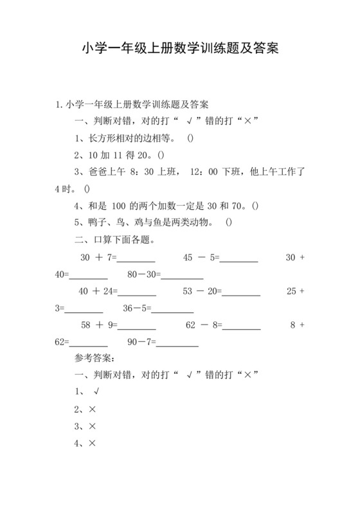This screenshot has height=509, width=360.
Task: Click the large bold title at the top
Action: [x=180, y=49]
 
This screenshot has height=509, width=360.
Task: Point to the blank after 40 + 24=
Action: [x=137, y=292]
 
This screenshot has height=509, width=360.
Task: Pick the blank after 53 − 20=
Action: [x=241, y=292]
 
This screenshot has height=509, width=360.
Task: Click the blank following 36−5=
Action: [x=174, y=309]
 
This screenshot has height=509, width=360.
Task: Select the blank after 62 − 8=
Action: [x=242, y=326]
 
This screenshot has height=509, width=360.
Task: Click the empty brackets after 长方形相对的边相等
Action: [x=191, y=139]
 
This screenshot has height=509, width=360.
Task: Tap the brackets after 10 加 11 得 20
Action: [x=161, y=156]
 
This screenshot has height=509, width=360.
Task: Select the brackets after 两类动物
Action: [x=230, y=223]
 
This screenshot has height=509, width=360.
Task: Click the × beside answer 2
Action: [x=93, y=409]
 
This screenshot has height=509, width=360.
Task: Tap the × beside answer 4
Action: [x=93, y=443]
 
